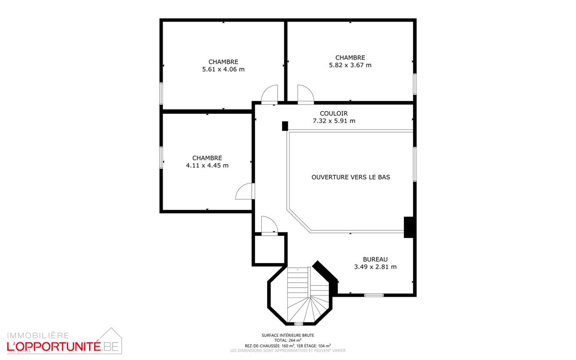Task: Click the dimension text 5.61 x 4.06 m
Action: coord(223,69)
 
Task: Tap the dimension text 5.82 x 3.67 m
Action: coord(350,65)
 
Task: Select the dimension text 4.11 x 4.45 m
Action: coord(207,166)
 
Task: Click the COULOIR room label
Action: coord(334,113)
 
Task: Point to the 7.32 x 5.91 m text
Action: coord(334,121)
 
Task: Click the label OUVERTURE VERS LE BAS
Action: coord(351,177)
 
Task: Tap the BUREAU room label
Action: coord(375,259)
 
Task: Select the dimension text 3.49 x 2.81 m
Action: coord(375,267)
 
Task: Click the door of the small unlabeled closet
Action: coord(269,225)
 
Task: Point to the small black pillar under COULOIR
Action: coord(285,126)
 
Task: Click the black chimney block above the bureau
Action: coord(409,228)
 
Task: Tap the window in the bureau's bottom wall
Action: coord(374,295)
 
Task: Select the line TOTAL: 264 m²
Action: coord(288,340)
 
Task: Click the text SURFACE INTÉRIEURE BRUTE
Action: coord(288,336)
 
